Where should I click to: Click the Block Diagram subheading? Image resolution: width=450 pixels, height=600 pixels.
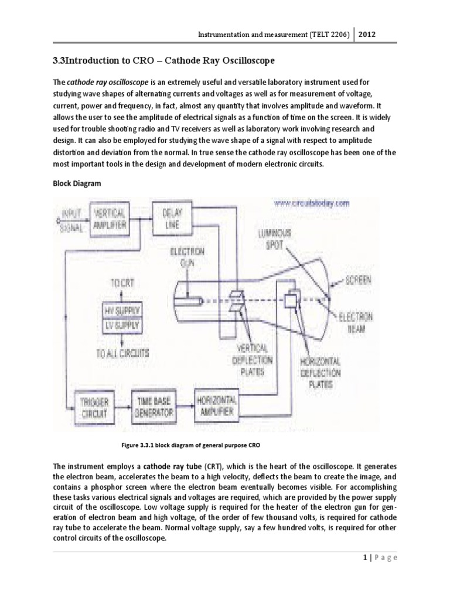(77, 183)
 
